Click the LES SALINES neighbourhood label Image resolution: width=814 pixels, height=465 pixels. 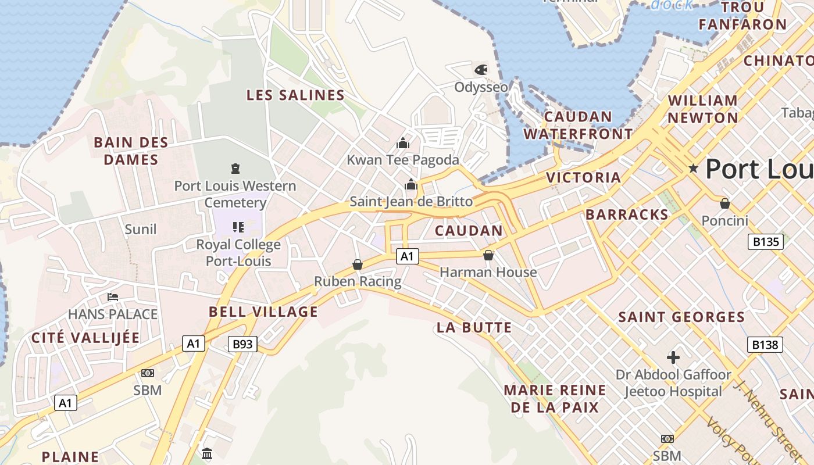[295, 95]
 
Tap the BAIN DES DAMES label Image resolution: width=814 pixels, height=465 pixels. [131, 151]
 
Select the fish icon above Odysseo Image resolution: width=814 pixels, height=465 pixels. [481, 70]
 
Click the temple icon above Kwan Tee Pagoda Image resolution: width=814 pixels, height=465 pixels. [403, 142]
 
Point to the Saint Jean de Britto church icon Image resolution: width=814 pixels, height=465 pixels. [411, 185]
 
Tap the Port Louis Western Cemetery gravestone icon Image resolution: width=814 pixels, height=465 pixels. [235, 169]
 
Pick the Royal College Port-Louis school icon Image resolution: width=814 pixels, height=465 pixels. [238, 227]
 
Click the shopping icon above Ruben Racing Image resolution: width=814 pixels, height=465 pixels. [358, 264]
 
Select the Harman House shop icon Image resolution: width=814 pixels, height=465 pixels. [488, 255]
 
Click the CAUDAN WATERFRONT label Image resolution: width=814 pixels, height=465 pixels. [578, 125]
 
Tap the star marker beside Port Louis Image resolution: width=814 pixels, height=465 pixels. [693, 169]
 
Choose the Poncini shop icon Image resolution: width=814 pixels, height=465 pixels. [724, 203]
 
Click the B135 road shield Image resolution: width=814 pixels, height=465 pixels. [765, 242]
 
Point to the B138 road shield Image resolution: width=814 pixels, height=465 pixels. [765, 345]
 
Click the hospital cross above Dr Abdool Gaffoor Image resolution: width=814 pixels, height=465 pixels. [673, 357]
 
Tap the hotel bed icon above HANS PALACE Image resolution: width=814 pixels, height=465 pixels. [113, 297]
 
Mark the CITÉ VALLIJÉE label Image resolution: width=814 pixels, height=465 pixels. [85, 338]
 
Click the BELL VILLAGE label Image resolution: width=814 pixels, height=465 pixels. [263, 312]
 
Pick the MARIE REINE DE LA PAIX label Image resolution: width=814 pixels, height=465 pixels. [555, 398]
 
